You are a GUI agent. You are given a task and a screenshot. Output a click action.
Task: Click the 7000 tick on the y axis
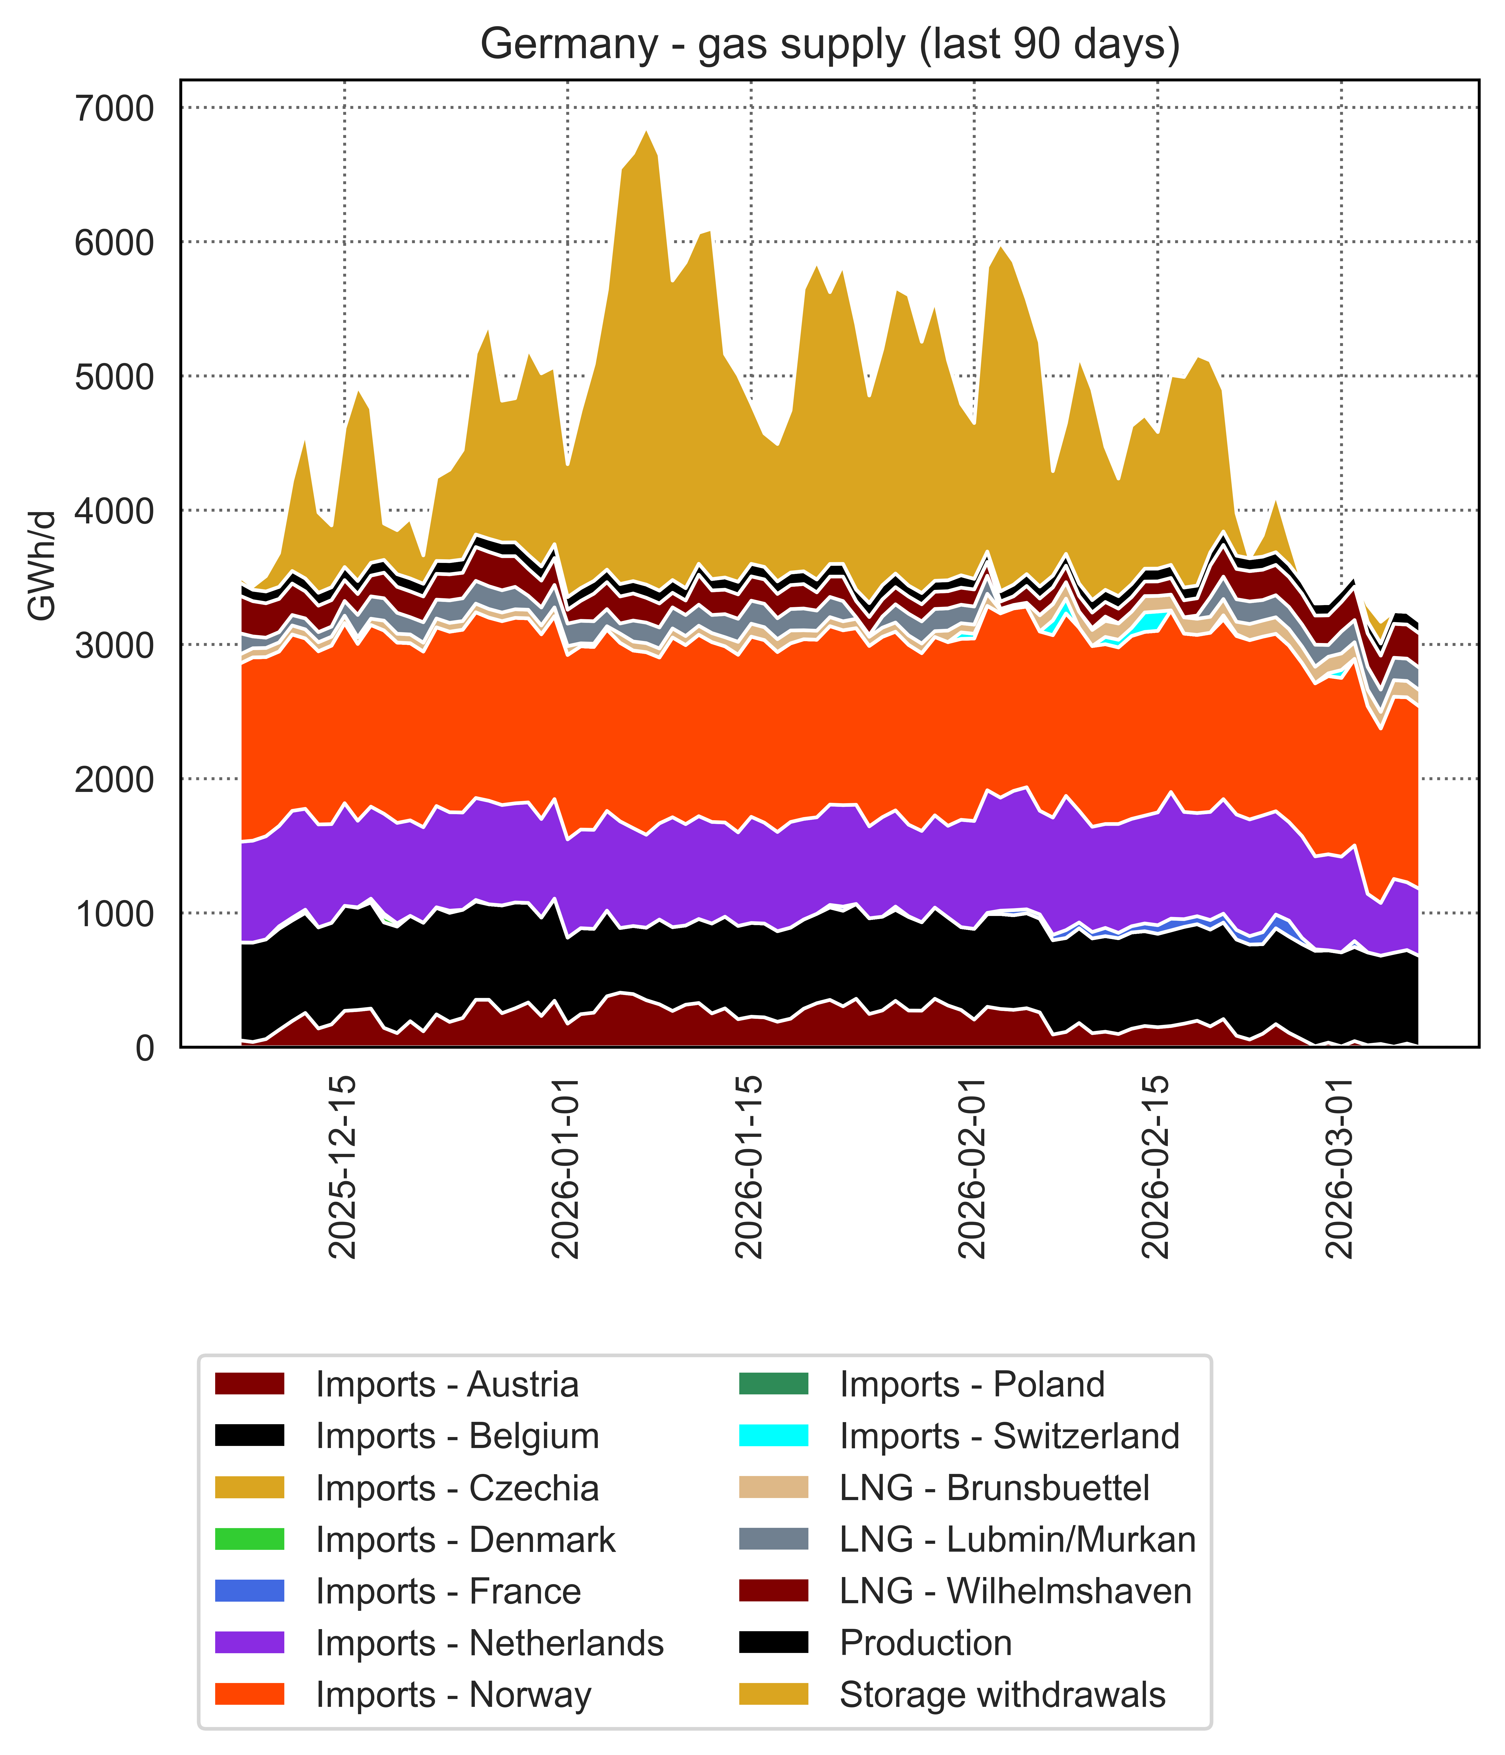tap(114, 108)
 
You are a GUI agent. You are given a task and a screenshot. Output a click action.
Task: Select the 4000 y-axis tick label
tap(114, 511)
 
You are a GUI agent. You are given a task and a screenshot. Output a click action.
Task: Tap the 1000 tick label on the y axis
tap(114, 914)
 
